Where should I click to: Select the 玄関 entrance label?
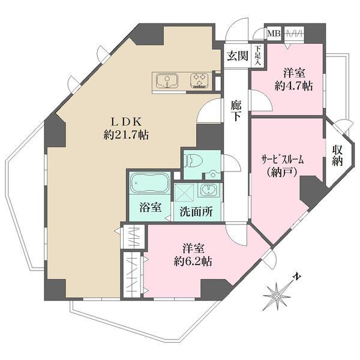(x=237, y=56)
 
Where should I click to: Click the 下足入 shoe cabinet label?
(x=257, y=55)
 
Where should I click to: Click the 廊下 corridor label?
(x=236, y=110)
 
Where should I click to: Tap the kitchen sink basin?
(x=167, y=80)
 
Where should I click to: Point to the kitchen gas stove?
(x=200, y=80)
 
